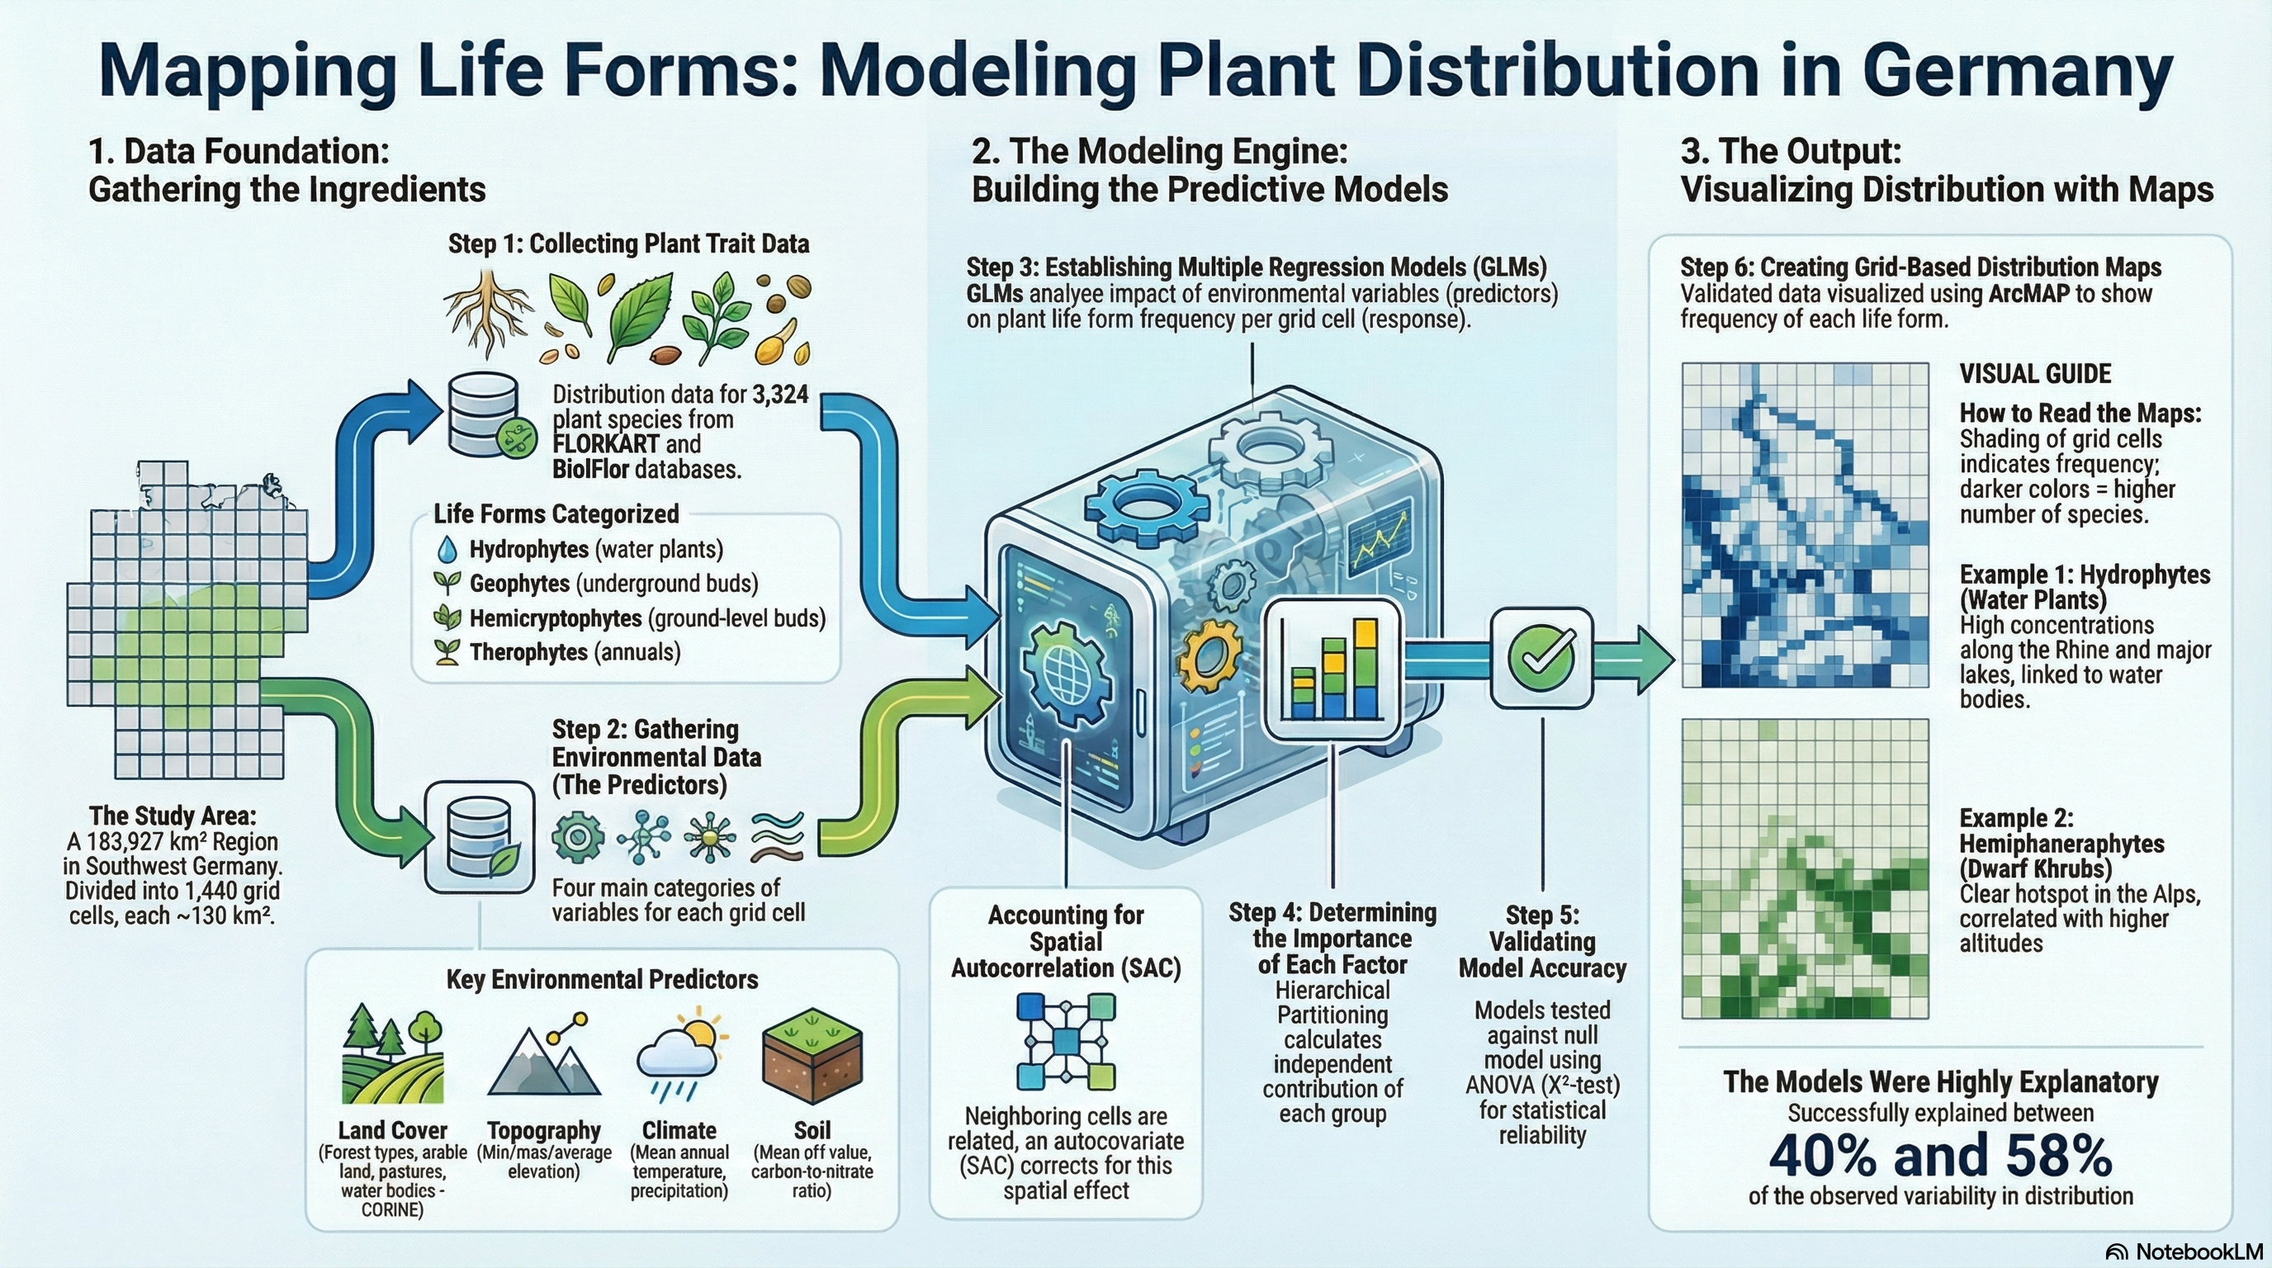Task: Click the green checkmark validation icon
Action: (x=1541, y=657)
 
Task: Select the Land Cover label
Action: (x=392, y=1129)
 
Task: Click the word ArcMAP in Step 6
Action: (x=2028, y=294)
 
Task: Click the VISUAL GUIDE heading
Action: (x=2035, y=374)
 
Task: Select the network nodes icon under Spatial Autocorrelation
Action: (x=1066, y=1041)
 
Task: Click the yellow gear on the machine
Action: (x=1210, y=656)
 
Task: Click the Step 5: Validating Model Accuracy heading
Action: (x=1541, y=941)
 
